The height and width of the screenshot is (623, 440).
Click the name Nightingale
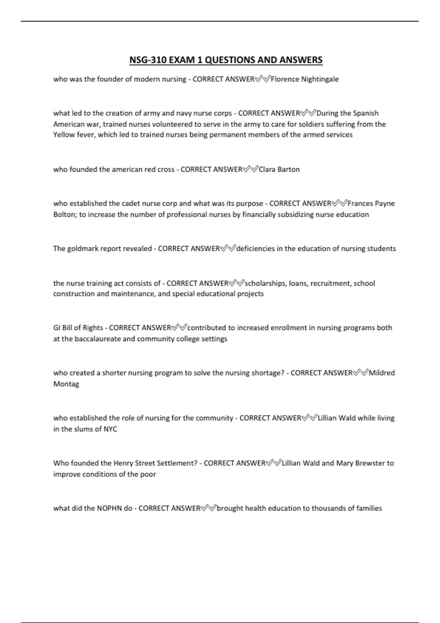coord(320,79)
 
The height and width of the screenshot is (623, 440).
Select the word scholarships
coord(265,283)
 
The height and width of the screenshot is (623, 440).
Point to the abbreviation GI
coord(57,328)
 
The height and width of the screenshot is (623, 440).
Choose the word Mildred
coord(382,373)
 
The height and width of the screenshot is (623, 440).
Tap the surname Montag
coord(66,384)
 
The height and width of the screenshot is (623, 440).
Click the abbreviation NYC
coord(110,429)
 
